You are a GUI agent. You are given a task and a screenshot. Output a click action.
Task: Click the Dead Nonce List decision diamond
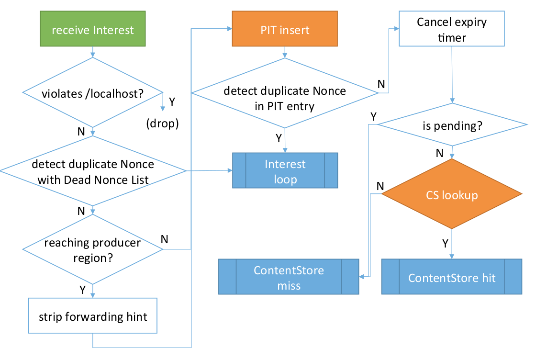point(93,172)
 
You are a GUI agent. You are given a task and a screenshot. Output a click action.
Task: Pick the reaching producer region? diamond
point(93,250)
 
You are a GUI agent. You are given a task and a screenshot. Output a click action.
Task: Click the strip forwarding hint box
point(93,316)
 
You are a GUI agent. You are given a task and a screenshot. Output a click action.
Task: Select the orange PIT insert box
point(285,30)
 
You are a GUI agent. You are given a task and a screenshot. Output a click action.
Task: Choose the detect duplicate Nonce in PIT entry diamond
point(285,98)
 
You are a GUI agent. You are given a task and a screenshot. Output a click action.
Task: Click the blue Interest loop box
point(285,171)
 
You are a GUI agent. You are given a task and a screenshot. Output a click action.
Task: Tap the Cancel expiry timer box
point(452,30)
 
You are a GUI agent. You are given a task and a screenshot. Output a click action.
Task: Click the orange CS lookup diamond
point(452,195)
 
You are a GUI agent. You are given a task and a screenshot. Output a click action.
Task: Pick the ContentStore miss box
point(289,277)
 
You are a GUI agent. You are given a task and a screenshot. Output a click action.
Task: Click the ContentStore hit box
point(451,278)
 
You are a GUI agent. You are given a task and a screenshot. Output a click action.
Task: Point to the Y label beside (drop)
point(172,102)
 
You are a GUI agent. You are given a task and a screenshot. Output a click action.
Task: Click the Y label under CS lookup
point(445,244)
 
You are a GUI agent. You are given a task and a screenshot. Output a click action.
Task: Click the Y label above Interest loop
point(279,138)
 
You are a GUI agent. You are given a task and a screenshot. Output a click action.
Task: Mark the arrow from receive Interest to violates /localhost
point(93,51)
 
